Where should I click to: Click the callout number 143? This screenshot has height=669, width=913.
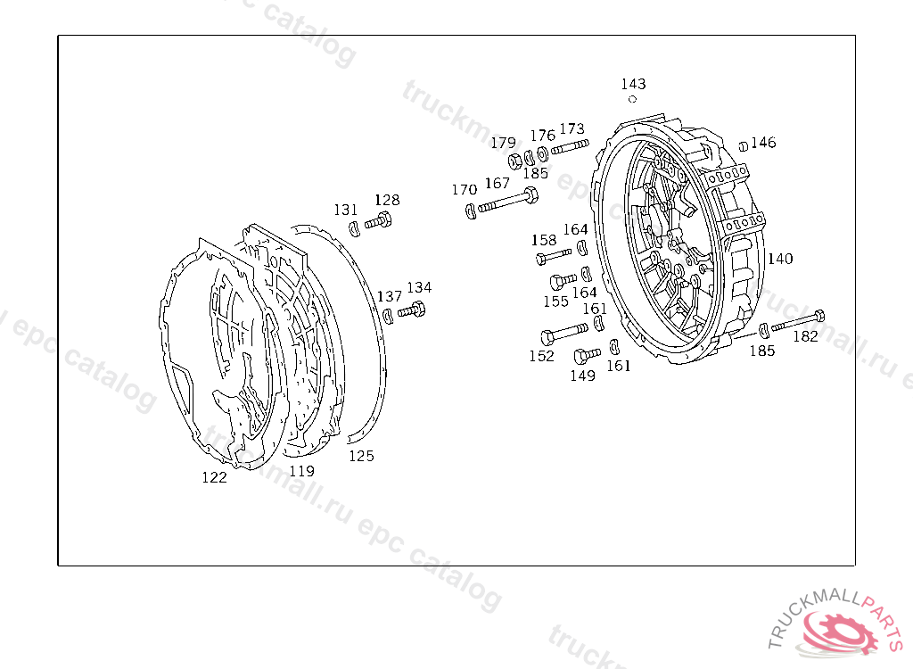tap(633, 84)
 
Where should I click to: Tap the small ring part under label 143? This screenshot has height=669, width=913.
tap(632, 99)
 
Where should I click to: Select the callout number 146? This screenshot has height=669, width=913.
tap(763, 142)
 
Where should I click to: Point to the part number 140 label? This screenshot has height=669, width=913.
tap(780, 258)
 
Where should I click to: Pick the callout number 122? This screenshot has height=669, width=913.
tap(214, 477)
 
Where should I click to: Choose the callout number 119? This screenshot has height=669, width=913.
tap(301, 471)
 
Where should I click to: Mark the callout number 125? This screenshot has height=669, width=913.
tap(361, 456)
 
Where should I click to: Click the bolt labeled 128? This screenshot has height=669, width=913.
tap(378, 221)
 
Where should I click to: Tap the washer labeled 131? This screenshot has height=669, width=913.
tap(354, 228)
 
